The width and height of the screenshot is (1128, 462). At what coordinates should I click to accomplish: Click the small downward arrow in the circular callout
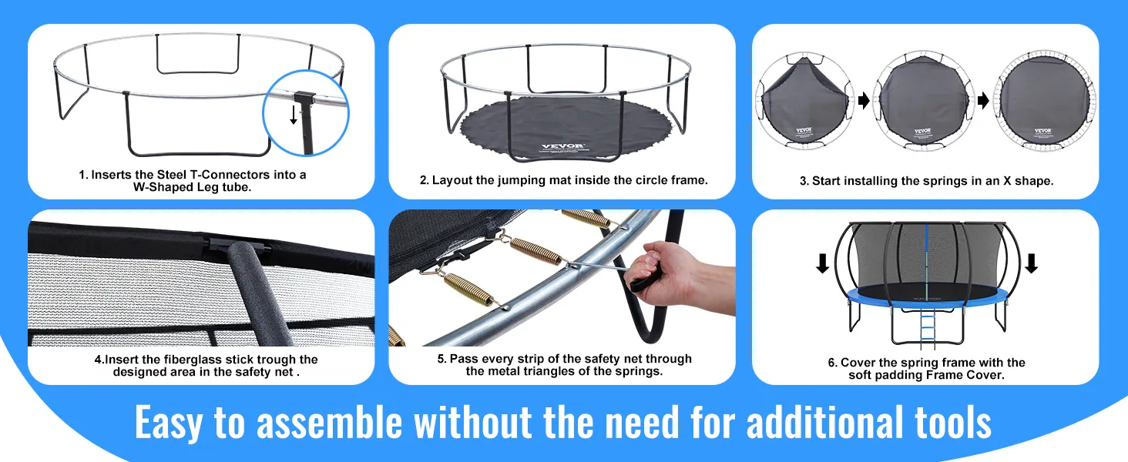(x=293, y=115)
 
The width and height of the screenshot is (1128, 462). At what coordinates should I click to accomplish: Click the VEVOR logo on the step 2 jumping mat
(x=562, y=146)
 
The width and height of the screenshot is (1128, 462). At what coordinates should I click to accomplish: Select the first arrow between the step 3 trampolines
(x=863, y=101)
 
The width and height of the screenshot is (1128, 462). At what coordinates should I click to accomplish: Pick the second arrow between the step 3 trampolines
(x=983, y=101)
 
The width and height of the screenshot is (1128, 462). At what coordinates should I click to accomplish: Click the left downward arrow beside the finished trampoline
(x=823, y=263)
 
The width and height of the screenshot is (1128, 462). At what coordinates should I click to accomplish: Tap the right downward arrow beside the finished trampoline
(x=1031, y=263)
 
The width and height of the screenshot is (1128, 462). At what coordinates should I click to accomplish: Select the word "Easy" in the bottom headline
(x=169, y=423)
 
